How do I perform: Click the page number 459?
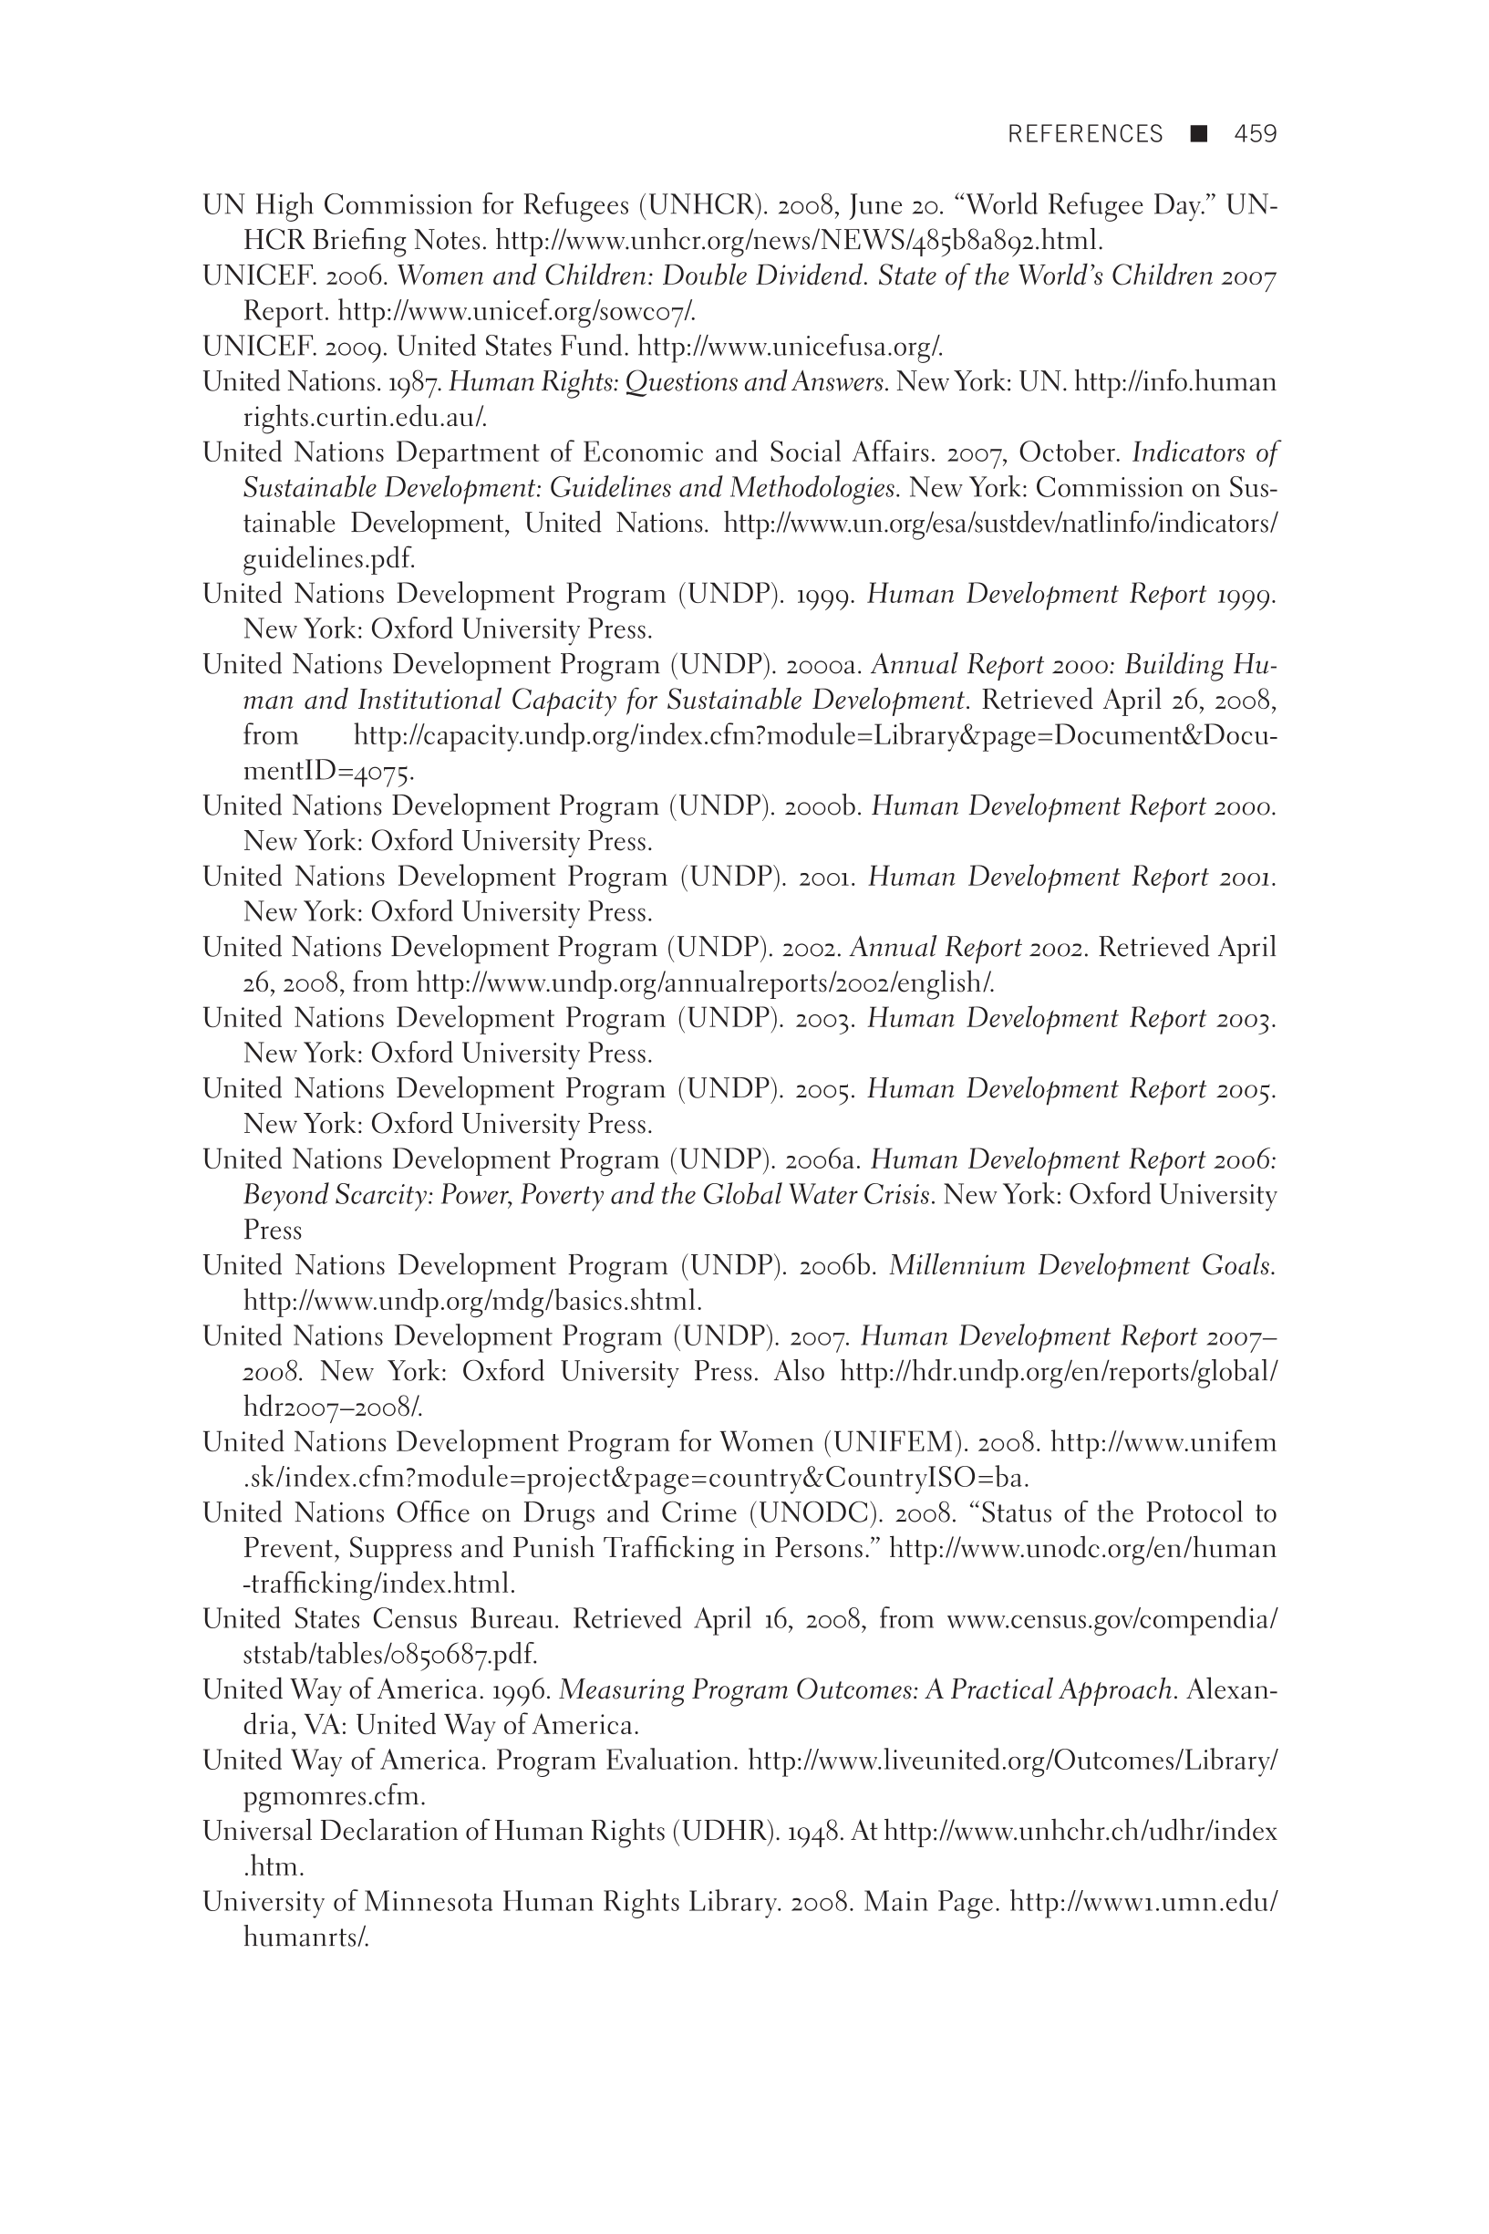pyautogui.click(x=1255, y=134)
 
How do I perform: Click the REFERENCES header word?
pyautogui.click(x=1084, y=134)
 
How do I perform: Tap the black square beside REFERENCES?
pyautogui.click(x=1198, y=133)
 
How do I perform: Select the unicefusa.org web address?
pyautogui.click(x=790, y=347)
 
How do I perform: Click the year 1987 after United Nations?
pyautogui.click(x=415, y=382)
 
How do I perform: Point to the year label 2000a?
pyautogui.click(x=824, y=665)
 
